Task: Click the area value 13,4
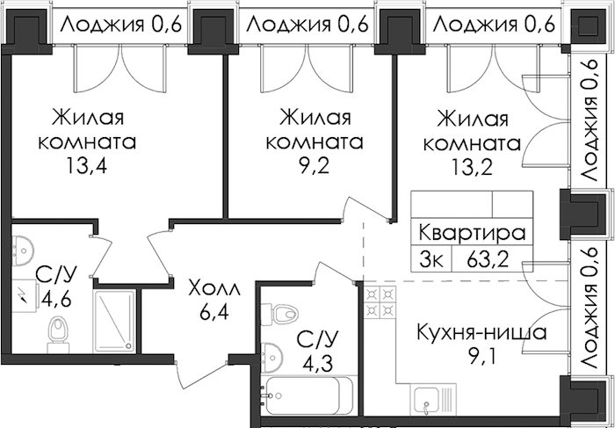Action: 87,166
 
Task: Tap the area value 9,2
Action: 314,166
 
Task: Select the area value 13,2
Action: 472,166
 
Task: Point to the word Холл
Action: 213,289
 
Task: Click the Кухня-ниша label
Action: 481,333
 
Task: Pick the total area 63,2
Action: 488,259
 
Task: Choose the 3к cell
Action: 431,259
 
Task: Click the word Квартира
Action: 472,233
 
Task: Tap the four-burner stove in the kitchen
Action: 380,301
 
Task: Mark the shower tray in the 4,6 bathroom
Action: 114,321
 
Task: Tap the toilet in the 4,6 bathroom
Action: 58,335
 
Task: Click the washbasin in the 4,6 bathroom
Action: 23,250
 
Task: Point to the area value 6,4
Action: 213,313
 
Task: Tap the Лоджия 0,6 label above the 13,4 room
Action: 121,25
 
